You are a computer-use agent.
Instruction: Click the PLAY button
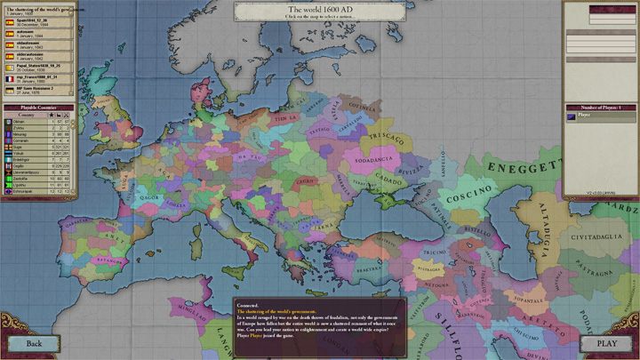pyautogui.click(x=606, y=343)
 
